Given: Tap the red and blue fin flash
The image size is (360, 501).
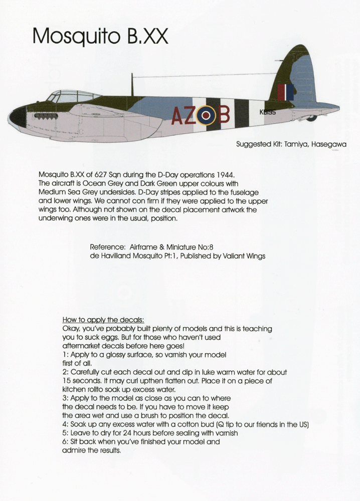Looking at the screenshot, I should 285,92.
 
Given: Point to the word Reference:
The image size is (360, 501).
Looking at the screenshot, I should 107,247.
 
